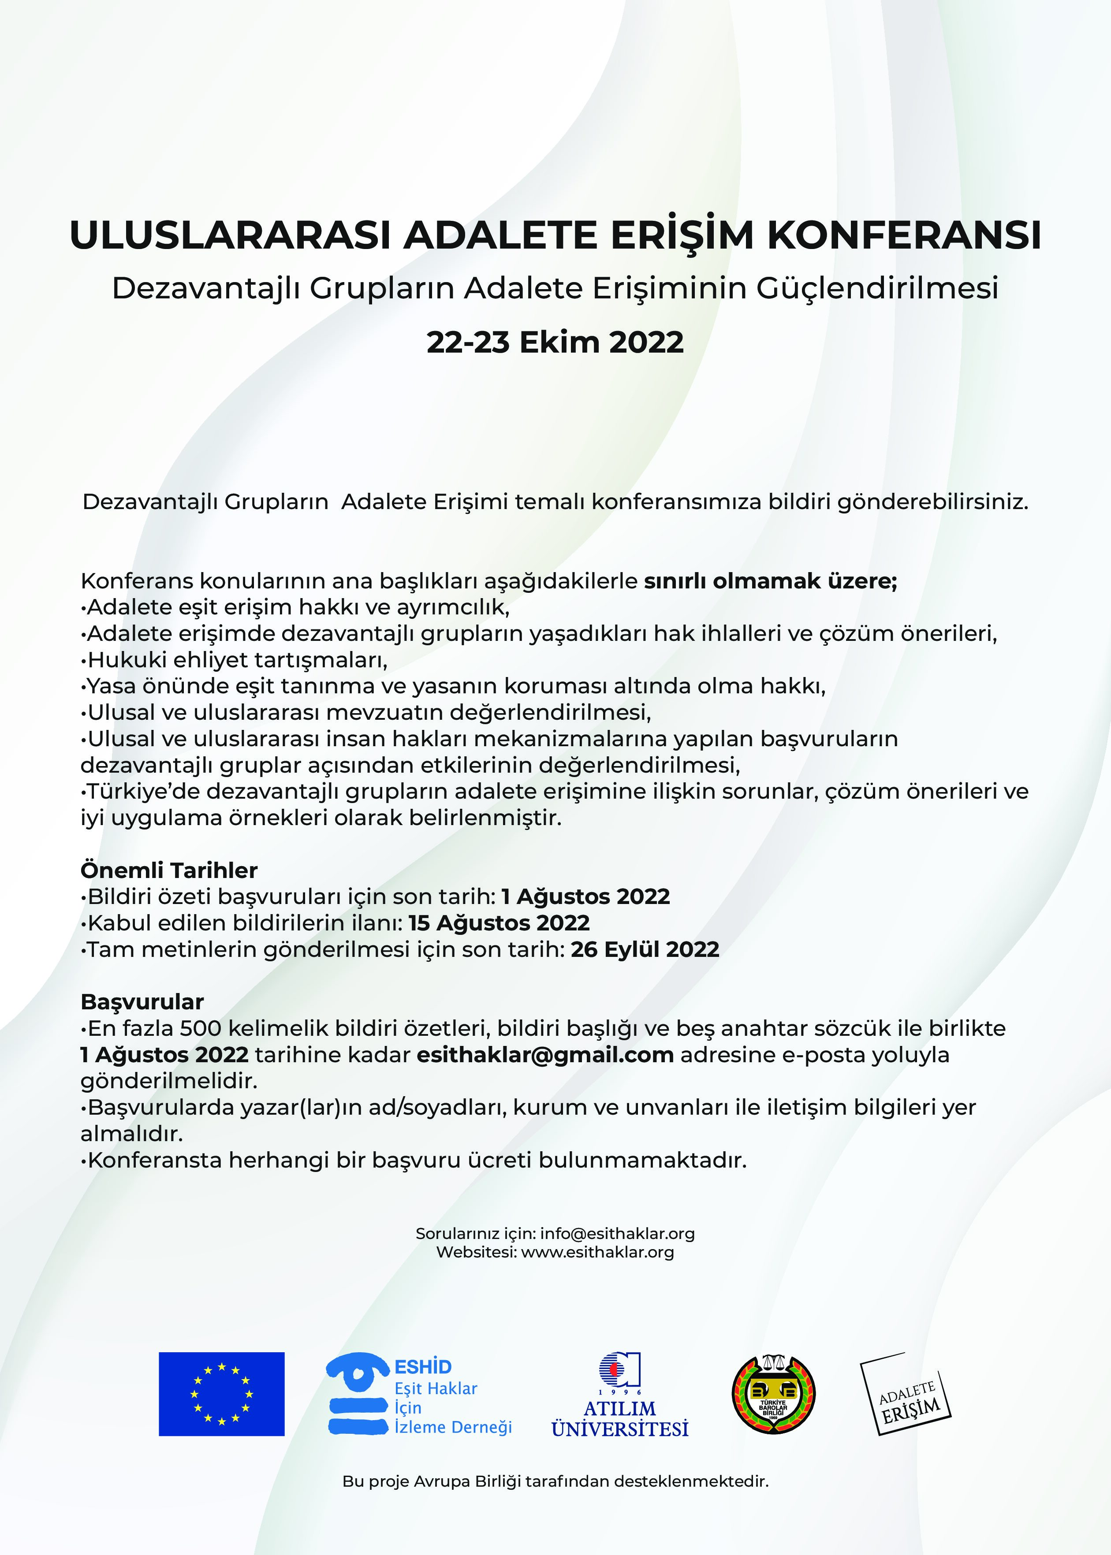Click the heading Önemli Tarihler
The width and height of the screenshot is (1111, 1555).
point(169,871)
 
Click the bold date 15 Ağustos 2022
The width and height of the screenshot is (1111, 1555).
point(499,923)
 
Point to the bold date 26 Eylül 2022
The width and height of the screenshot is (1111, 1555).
point(645,949)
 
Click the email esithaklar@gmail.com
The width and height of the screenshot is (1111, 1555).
point(545,1054)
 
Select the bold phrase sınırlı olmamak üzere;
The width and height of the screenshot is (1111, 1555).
point(770,581)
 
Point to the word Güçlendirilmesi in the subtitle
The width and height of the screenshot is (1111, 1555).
point(877,289)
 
